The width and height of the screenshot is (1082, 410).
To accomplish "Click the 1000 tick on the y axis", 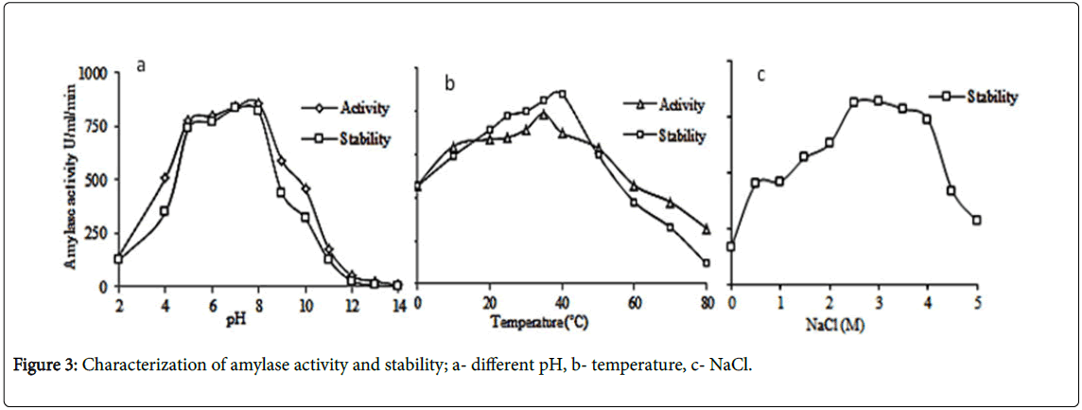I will tap(96, 72).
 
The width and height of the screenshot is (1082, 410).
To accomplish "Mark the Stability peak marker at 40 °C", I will tap(562, 94).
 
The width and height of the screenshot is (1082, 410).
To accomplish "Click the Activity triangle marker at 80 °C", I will tap(707, 228).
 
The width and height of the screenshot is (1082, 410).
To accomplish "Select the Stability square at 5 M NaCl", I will tap(975, 220).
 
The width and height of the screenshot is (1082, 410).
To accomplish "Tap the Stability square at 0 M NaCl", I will tap(731, 246).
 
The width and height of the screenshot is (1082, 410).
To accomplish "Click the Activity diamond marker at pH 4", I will tap(165, 177).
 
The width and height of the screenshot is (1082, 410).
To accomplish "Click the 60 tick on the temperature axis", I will tap(634, 303).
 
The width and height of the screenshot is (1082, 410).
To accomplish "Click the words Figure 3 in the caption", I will tap(44, 367).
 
